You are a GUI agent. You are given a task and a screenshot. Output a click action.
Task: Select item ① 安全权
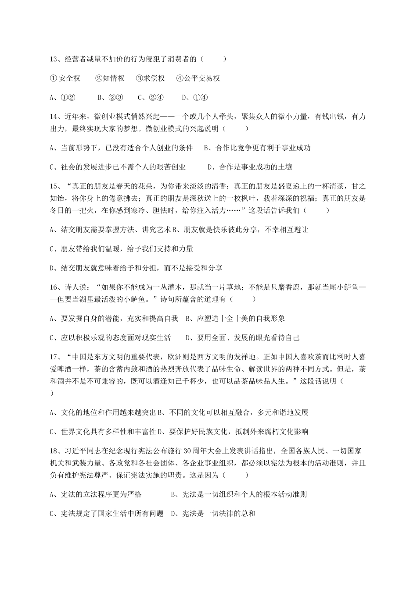(65, 78)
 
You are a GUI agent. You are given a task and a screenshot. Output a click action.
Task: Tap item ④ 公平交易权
(198, 78)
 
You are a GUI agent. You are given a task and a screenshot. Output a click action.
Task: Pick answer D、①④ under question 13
(194, 98)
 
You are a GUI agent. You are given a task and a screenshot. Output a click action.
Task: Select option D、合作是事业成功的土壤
(250, 167)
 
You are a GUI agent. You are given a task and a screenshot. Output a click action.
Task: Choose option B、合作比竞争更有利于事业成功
(257, 148)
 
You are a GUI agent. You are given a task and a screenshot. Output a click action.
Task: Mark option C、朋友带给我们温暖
(122, 249)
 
